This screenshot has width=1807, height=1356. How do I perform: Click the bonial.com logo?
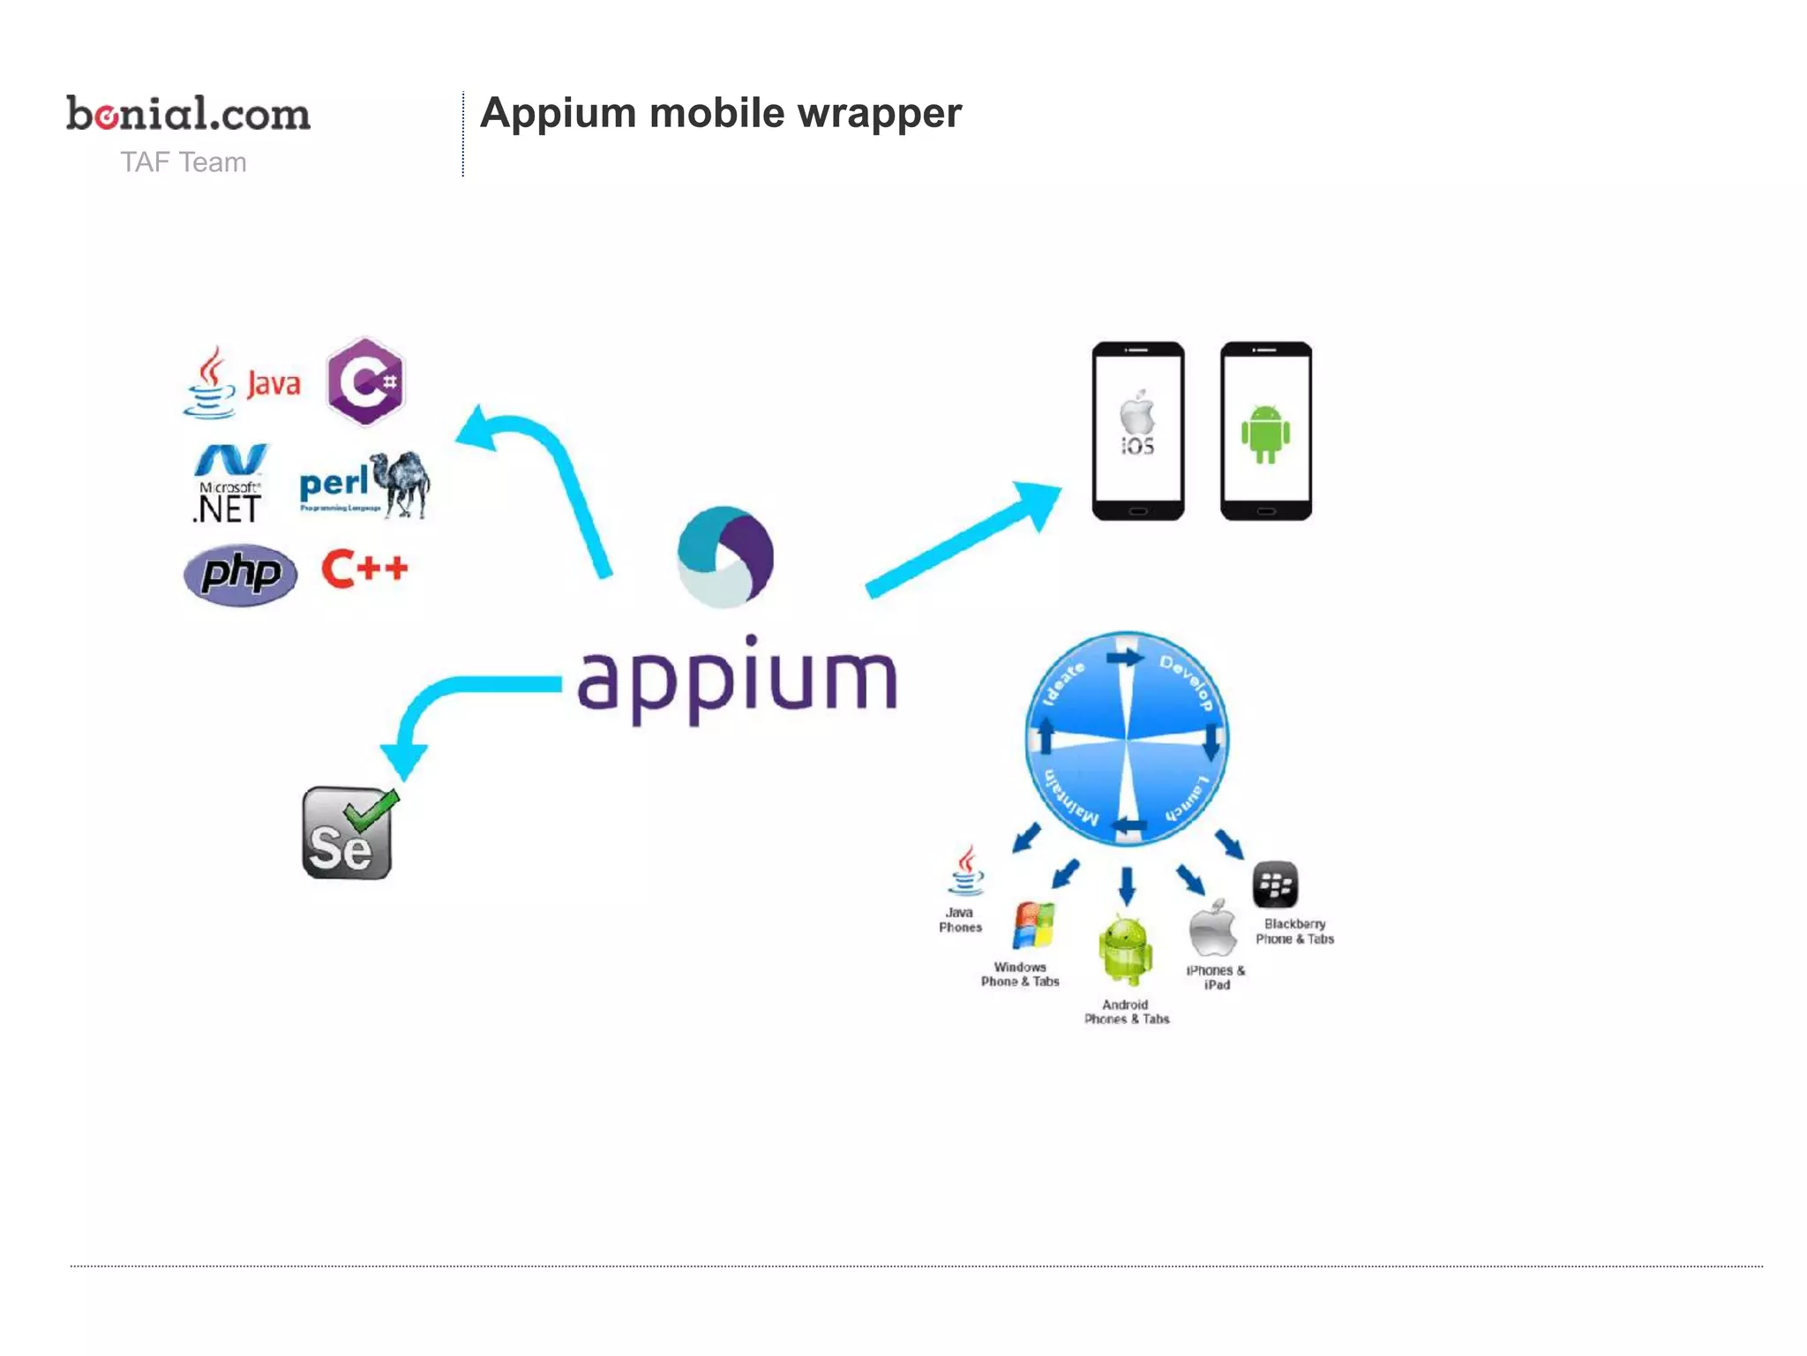(188, 115)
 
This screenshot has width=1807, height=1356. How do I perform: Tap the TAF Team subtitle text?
(184, 162)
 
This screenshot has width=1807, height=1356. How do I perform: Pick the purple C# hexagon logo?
(365, 381)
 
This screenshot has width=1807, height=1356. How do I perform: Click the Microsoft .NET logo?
(229, 484)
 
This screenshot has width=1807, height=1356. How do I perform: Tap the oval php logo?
(240, 575)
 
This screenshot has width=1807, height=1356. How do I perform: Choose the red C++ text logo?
(364, 569)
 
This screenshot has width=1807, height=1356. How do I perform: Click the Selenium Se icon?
(348, 833)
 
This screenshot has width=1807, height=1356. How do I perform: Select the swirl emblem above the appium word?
(725, 556)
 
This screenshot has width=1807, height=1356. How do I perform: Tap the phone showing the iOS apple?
(1137, 431)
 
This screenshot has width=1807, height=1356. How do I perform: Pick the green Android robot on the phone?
(1265, 433)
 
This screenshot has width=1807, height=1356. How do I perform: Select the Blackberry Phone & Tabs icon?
(1275, 885)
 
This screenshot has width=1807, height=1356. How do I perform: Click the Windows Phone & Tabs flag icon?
(1033, 925)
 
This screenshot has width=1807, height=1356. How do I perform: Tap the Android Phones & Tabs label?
(1127, 1012)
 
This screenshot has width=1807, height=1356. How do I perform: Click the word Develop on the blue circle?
(1188, 682)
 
